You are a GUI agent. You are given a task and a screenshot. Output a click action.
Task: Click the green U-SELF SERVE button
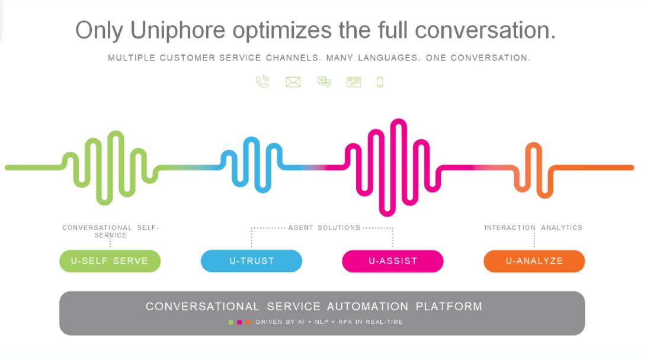point(110,261)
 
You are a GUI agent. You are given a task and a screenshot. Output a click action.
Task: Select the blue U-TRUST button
point(251,261)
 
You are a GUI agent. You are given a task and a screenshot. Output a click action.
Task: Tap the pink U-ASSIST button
point(392,261)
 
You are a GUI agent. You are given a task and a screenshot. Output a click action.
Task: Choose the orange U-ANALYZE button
point(534,261)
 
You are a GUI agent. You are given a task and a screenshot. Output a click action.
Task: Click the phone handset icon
point(262,82)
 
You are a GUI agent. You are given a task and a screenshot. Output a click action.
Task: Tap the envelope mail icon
point(293,82)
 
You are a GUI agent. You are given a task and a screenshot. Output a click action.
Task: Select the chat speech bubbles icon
point(324,82)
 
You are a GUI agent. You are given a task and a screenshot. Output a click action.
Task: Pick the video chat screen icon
point(354,82)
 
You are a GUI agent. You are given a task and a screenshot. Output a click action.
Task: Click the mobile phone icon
point(380,82)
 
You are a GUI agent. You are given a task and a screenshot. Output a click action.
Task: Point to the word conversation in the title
point(483,30)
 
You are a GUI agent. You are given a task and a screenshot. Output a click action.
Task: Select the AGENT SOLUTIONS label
point(324,227)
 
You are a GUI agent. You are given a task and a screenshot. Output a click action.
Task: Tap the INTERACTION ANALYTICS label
point(533,227)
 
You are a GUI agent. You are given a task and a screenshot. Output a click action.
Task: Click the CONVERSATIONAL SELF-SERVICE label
point(110,231)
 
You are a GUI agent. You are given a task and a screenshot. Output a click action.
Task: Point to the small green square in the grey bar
point(230,322)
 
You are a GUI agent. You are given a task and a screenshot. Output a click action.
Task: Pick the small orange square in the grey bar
point(248,322)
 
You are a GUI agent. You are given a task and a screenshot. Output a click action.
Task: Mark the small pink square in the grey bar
point(239,322)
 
